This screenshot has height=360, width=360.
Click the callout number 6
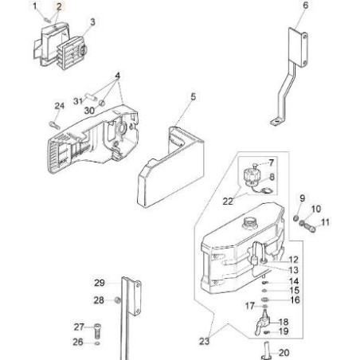306,6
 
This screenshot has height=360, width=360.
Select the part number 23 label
204,342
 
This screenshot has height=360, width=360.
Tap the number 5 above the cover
194,96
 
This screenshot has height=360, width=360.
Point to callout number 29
100,283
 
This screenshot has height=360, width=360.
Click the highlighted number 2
59,6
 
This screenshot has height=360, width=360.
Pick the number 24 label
60,106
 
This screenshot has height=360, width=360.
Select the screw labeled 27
97,331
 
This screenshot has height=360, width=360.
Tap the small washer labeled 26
97,343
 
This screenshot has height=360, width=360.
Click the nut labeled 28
117,300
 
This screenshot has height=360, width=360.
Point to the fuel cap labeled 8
252,176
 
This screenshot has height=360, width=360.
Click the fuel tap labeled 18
262,323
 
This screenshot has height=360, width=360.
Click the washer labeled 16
264,300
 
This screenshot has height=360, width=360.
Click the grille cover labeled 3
72,53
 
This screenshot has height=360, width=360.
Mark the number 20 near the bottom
284,353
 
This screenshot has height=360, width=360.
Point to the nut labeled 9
295,218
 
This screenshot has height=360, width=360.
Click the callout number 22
228,202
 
